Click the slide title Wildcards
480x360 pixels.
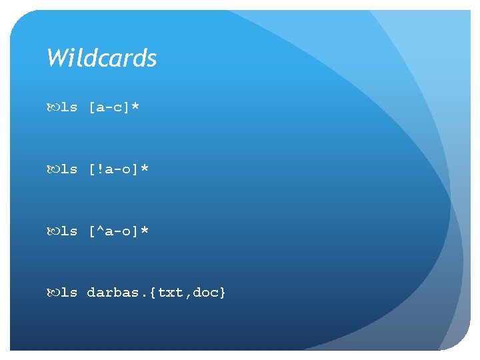101,59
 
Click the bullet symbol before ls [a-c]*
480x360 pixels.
53,107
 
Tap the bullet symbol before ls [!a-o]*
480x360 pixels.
53,169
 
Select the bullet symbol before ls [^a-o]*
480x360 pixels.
53,231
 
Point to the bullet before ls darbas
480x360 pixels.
53,293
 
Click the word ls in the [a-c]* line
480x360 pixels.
69,107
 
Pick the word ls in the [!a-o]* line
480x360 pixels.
69,169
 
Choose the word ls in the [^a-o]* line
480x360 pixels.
69,231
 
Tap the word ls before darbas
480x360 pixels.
69,293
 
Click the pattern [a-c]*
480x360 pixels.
113,107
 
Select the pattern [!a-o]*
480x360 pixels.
118,169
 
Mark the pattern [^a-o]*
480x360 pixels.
118,231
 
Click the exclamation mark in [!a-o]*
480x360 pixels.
100,169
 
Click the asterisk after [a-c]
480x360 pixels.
135,106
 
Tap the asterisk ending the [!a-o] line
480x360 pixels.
144,168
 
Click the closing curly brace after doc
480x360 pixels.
223,293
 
